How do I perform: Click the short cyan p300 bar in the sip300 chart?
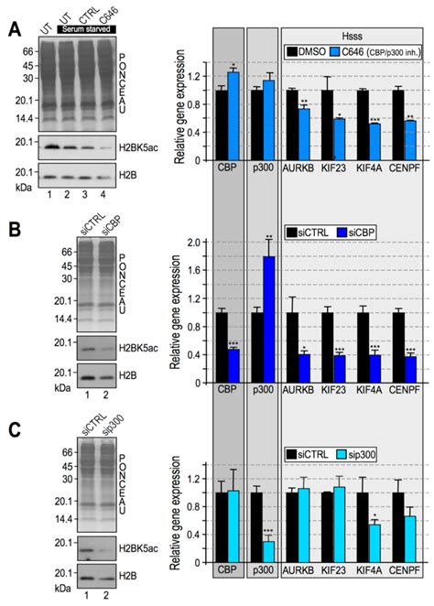point(270,556)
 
